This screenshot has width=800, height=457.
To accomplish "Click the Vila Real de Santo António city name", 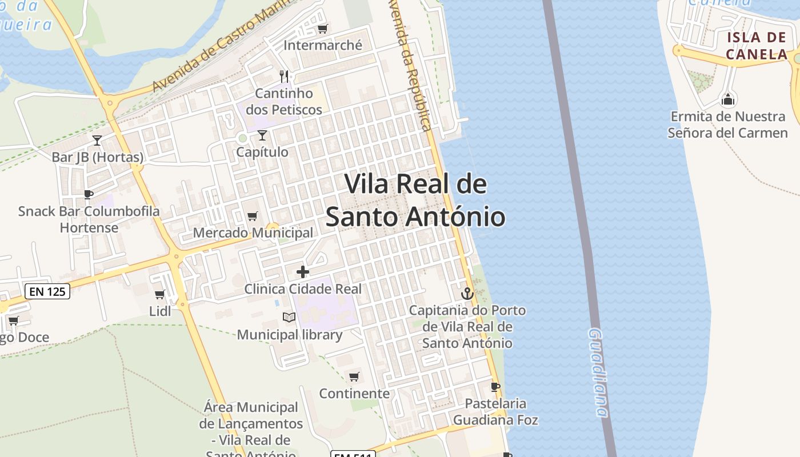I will click(x=415, y=201).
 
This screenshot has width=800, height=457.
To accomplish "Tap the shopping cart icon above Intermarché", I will click(x=323, y=29).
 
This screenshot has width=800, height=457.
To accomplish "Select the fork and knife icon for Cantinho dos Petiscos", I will click(x=284, y=76).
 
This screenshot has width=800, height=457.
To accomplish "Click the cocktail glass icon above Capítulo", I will click(x=262, y=135).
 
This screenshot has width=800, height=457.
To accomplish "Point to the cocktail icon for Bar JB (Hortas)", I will click(x=97, y=140).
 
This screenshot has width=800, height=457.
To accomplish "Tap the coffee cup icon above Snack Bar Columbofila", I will click(x=88, y=195).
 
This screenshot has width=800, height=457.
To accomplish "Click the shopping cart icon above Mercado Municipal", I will click(x=252, y=216).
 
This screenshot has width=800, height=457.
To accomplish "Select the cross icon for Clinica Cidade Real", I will click(x=303, y=272).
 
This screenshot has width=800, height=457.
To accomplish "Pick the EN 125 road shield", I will click(x=48, y=291).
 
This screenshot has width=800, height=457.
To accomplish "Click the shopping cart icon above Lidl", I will click(x=160, y=295).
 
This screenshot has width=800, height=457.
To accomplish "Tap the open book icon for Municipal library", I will click(x=289, y=317).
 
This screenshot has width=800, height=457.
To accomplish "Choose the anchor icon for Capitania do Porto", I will click(x=467, y=294).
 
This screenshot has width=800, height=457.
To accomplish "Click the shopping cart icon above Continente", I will click(x=354, y=376).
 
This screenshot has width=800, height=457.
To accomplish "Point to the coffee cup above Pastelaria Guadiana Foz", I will click(x=495, y=387).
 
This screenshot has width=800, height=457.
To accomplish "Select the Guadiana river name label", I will click(x=599, y=371).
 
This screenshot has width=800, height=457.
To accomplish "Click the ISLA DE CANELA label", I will click(x=757, y=46).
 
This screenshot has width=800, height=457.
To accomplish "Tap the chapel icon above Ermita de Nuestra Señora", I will click(x=728, y=100).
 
